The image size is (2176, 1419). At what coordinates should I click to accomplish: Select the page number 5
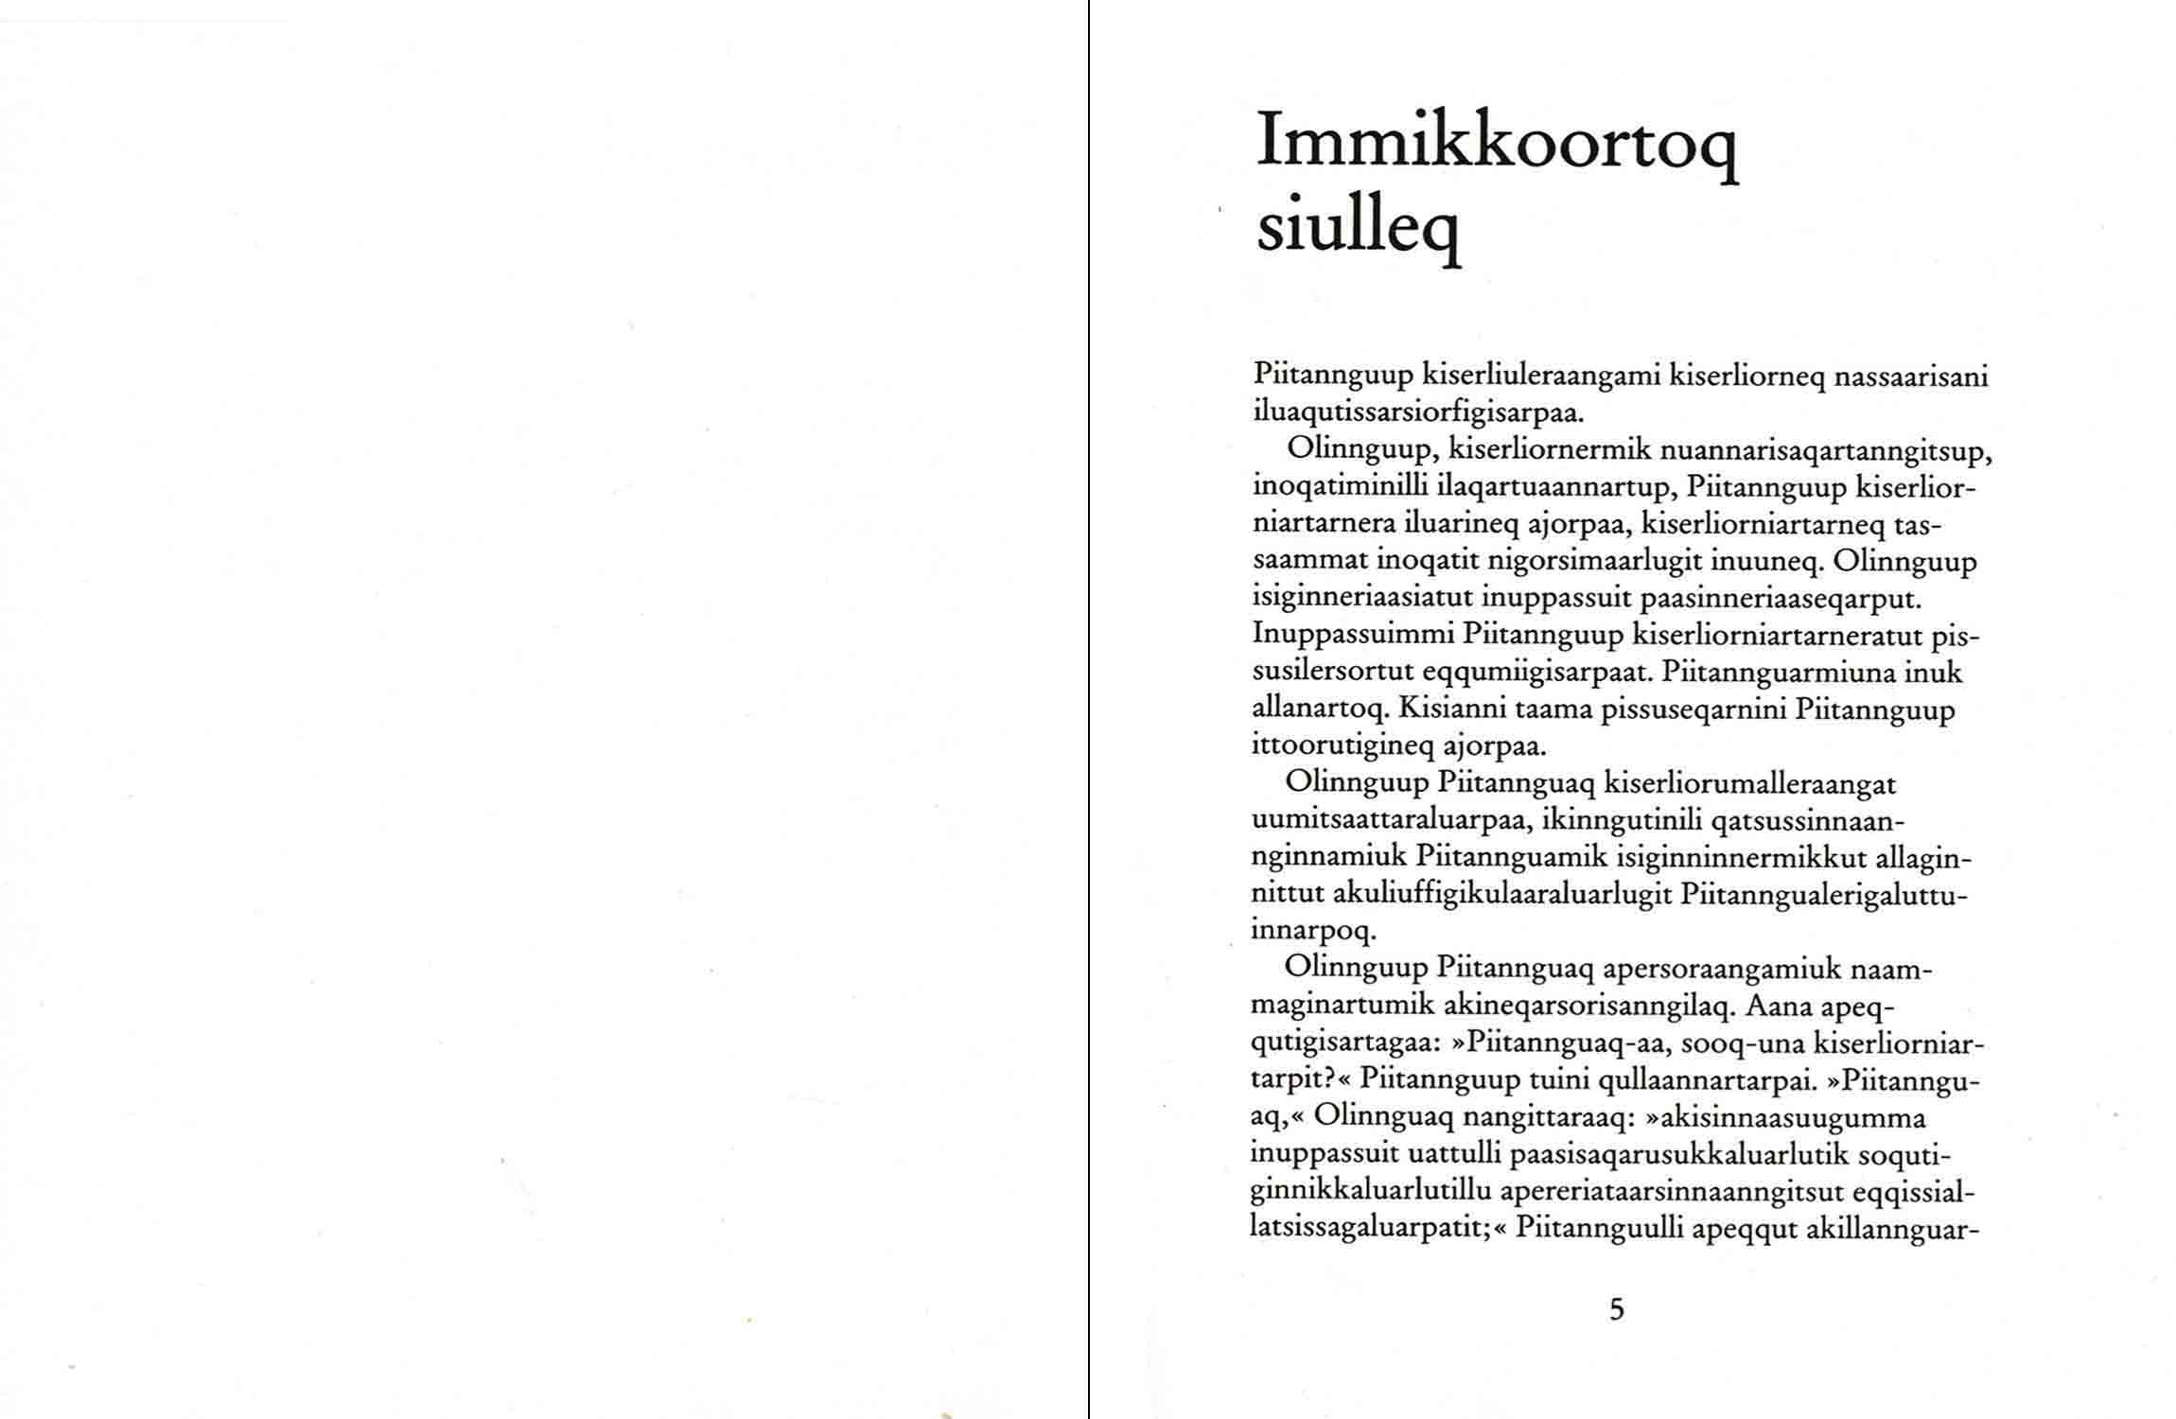tap(1617, 1309)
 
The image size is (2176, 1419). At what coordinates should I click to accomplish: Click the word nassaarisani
tap(1911, 377)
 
